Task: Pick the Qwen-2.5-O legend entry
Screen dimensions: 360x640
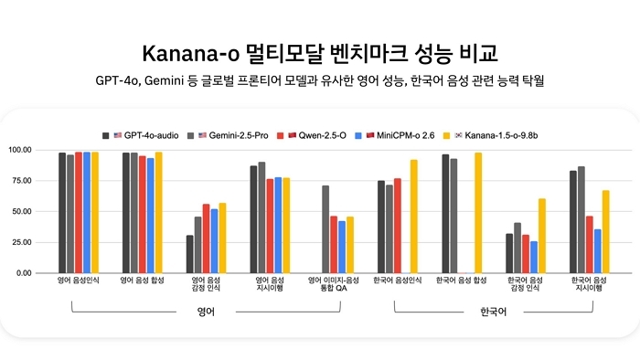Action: tap(315, 134)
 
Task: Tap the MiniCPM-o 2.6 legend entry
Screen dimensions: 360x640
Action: tap(396, 134)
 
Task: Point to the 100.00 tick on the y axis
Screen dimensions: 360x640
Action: tap(45, 150)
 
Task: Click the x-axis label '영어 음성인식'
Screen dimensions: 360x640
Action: tap(77, 281)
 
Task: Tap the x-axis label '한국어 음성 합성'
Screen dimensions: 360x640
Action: tap(465, 281)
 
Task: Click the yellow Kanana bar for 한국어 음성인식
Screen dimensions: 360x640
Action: tap(414, 216)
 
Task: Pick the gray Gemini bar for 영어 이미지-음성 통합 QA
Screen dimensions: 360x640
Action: tap(325, 229)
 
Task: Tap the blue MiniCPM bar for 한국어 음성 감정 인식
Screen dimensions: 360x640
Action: tap(533, 257)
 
